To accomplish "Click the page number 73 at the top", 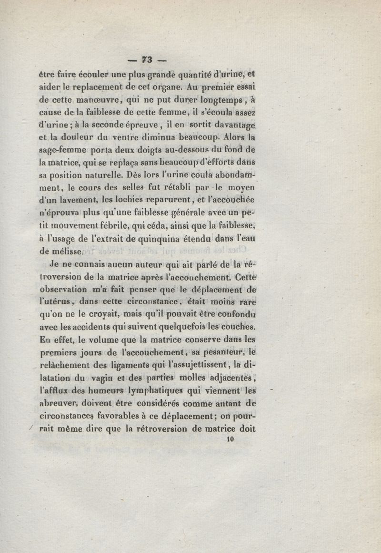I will click(x=145, y=59).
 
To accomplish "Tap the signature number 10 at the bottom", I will click(x=232, y=439).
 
